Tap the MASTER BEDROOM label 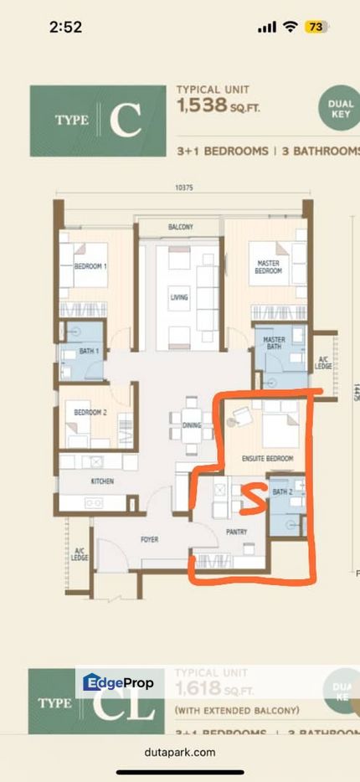point(268,266)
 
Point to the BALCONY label point(180,227)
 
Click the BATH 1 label point(90,351)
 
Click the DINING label point(192,425)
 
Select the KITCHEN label point(102,481)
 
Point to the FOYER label point(150,539)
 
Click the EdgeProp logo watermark point(119,683)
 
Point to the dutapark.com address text point(180,752)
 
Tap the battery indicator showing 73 point(316,27)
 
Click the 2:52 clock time point(65,27)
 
